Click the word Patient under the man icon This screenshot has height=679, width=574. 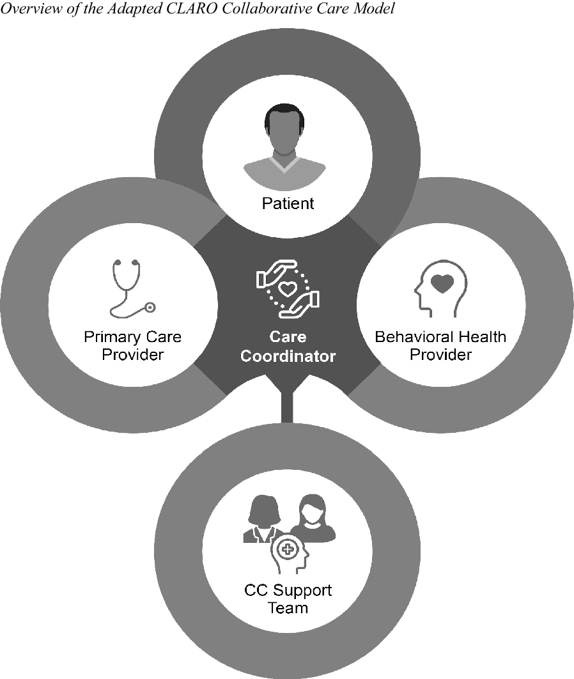point(288,203)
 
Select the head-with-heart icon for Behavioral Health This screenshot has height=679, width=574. point(440,288)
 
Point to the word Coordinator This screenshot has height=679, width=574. point(288,356)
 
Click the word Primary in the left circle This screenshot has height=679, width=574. point(108,337)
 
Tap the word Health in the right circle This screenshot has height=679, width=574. point(483,337)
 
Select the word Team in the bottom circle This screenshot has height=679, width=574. point(288,607)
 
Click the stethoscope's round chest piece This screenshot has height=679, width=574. point(150,308)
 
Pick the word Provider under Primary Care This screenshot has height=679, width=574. point(132,354)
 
